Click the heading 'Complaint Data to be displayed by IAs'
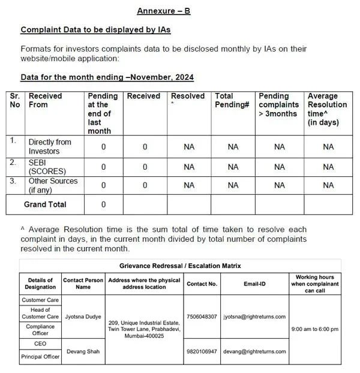(97, 29)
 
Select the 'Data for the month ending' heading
(107, 77)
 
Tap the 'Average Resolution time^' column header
(328, 109)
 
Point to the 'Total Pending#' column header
(232, 100)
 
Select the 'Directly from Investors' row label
(50, 146)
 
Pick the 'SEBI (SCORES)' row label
(47, 166)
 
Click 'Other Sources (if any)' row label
(53, 185)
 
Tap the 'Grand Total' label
(45, 204)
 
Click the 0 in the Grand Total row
(103, 204)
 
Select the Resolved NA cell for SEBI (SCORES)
(189, 167)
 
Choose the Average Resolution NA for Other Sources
(328, 185)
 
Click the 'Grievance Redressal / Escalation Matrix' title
(180, 265)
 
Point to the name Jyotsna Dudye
(83, 316)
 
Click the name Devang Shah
(83, 351)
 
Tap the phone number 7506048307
(201, 316)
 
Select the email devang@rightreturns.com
(254, 351)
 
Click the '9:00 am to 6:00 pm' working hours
(314, 329)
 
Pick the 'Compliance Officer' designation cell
(40, 330)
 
